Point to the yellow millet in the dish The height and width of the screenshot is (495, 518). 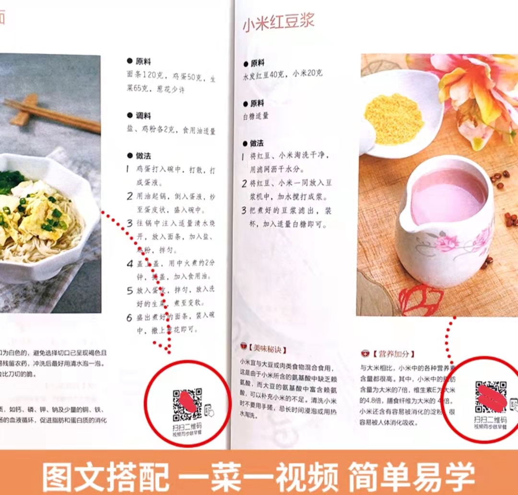[x=394, y=118]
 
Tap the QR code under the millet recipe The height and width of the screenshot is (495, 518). [x=491, y=397]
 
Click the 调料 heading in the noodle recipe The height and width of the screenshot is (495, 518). [x=143, y=115]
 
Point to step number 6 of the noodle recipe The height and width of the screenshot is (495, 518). [x=129, y=318]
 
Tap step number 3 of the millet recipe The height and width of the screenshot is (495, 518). [x=244, y=210]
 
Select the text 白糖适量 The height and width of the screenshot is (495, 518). [x=256, y=116]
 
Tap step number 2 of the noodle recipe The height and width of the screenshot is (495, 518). [x=129, y=196]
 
